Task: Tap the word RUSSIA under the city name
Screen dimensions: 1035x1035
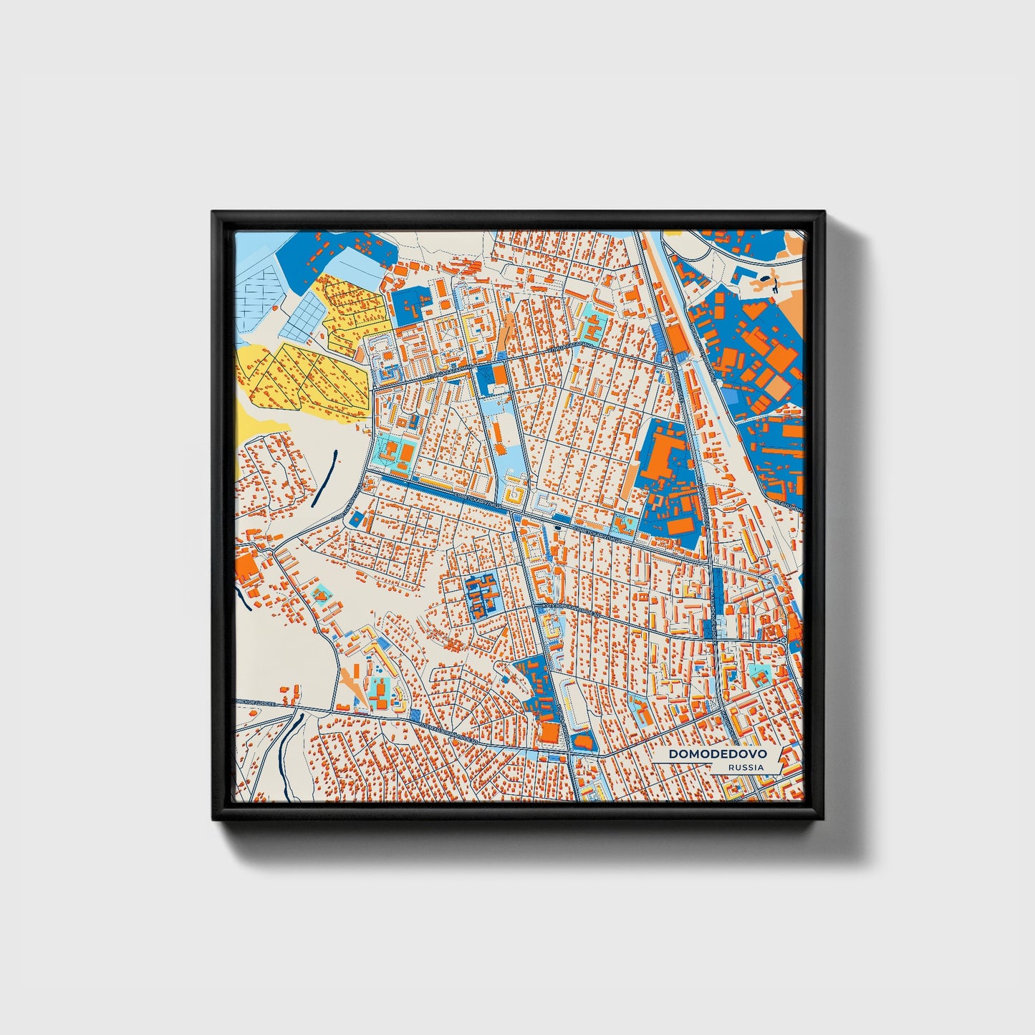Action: pyautogui.click(x=745, y=767)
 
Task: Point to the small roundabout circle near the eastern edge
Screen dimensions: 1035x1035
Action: pyautogui.click(x=784, y=640)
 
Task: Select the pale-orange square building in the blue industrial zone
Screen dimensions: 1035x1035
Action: pyautogui.click(x=779, y=387)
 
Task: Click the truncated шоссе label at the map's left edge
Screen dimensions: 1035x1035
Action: pyautogui.click(x=251, y=703)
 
